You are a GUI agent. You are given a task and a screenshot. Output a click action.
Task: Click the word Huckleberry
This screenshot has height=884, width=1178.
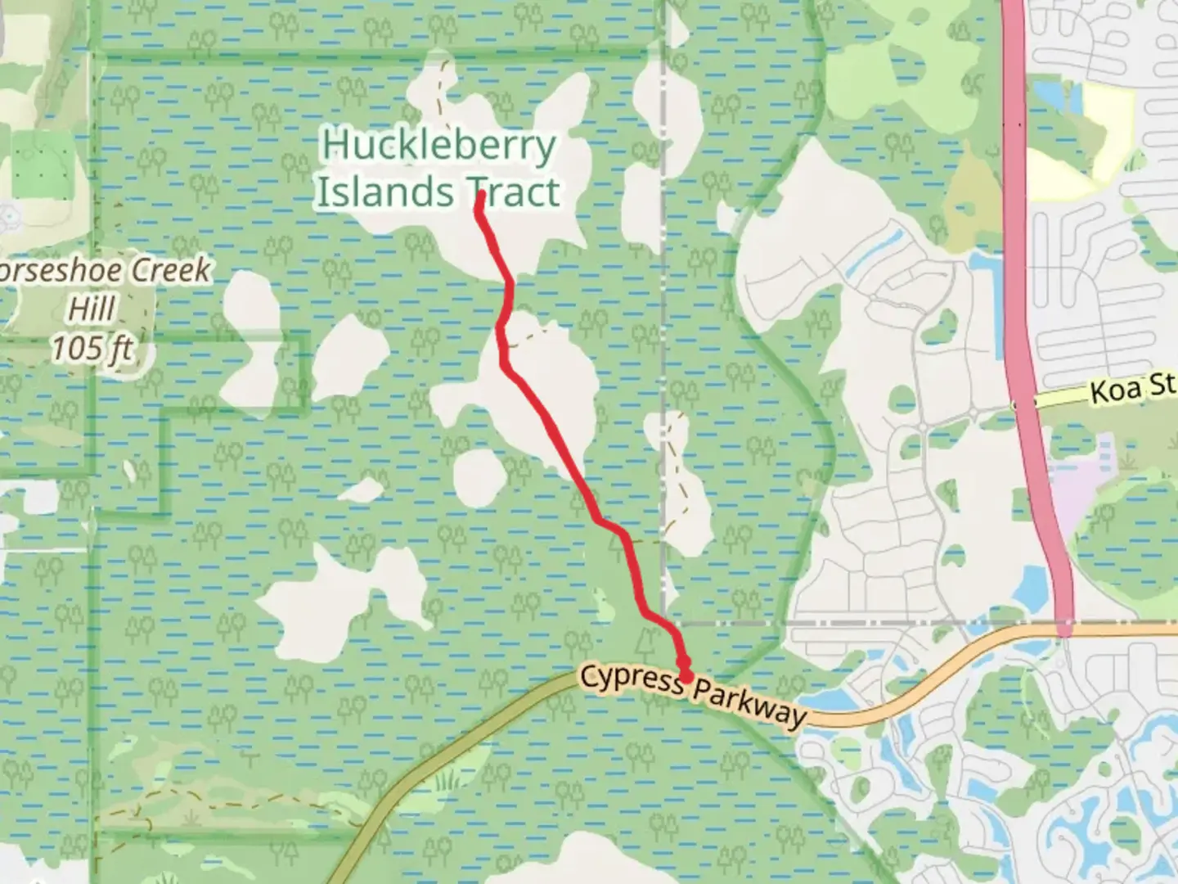438,147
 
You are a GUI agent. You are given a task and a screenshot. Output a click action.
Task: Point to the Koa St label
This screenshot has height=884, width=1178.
1133,387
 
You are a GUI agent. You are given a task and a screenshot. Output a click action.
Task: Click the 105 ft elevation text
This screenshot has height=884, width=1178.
92,348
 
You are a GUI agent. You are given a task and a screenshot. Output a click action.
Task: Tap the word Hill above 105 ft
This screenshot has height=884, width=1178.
92,309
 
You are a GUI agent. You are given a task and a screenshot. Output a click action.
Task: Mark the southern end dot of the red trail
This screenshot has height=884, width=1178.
684,676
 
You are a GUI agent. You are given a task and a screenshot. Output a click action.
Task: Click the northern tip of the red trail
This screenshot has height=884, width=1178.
479,196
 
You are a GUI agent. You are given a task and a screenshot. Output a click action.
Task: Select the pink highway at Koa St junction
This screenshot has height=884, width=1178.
1025,404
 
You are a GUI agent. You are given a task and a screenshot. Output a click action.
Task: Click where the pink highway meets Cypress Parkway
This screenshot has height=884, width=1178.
1064,629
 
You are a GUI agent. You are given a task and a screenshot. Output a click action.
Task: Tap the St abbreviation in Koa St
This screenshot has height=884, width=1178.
1162,384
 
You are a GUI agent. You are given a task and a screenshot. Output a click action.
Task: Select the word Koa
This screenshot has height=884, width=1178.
1117,390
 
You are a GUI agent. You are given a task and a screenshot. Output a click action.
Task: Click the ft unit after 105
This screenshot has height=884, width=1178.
119,349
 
